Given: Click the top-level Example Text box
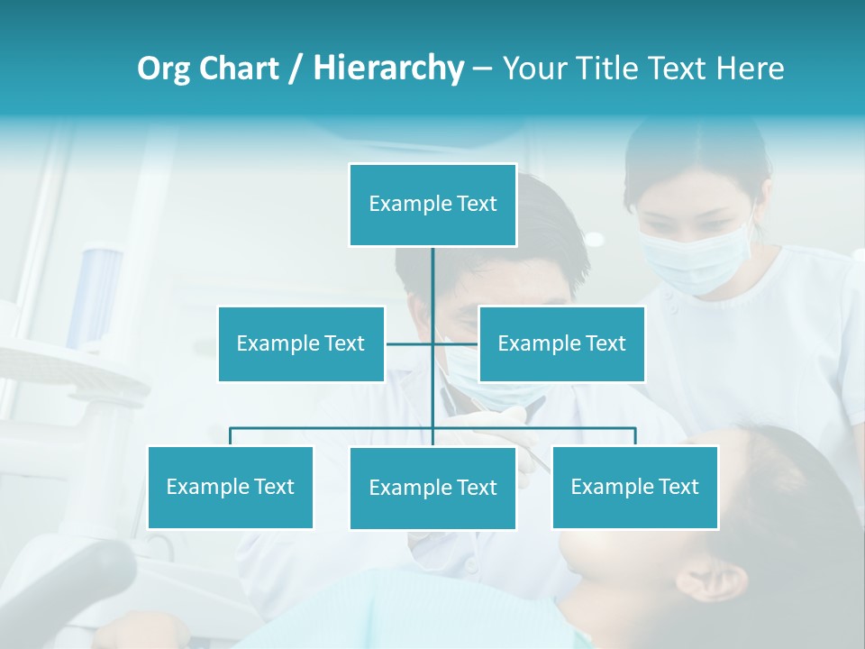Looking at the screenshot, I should tap(432, 205).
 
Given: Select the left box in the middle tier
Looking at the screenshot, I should tap(301, 343).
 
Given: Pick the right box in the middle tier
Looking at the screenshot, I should tap(561, 343).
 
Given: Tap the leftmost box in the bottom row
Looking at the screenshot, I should tap(230, 487).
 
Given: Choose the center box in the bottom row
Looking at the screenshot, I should tap(432, 488).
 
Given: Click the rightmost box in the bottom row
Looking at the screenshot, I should tap(634, 487).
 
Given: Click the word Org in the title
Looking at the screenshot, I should tap(163, 69).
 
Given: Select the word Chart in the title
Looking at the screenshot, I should tap(238, 69).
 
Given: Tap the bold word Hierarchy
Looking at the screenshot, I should tap(387, 69).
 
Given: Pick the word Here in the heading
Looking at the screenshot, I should tap(750, 69).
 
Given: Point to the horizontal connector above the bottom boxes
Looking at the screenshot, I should tap(333, 428).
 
